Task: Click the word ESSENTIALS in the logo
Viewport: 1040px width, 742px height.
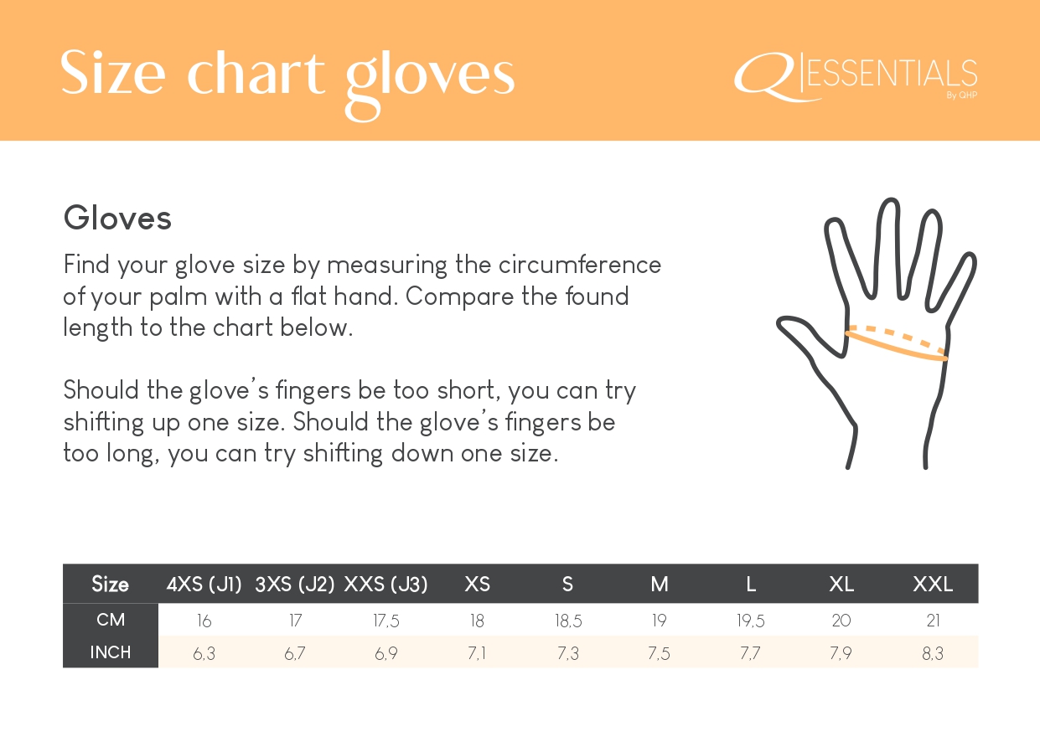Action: pos(893,74)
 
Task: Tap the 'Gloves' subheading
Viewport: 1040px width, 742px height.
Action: pos(117,218)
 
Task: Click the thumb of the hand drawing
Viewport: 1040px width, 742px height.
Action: pos(810,335)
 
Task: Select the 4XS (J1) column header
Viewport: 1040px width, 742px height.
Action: pos(204,585)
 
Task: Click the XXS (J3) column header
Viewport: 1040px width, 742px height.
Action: pos(385,585)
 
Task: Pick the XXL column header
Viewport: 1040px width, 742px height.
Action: pos(933,585)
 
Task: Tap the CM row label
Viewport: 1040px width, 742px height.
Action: pos(111,620)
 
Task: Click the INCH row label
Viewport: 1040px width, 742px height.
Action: pos(111,652)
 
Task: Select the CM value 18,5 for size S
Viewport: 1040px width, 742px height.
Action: pos(568,621)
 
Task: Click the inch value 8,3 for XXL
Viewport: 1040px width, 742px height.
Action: pos(933,653)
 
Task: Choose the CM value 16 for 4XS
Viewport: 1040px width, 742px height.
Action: pos(204,621)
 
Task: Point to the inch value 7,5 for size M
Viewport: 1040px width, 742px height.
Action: pos(660,653)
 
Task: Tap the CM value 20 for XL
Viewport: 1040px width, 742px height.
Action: pos(841,621)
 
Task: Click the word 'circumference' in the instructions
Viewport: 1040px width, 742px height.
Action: pos(580,265)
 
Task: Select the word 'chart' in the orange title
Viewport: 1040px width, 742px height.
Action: pos(256,73)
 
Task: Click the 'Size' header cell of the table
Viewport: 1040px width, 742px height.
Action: pos(110,584)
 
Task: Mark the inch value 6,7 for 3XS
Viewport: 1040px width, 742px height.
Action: pos(295,653)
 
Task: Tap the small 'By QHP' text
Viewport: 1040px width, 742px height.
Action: pos(962,95)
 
